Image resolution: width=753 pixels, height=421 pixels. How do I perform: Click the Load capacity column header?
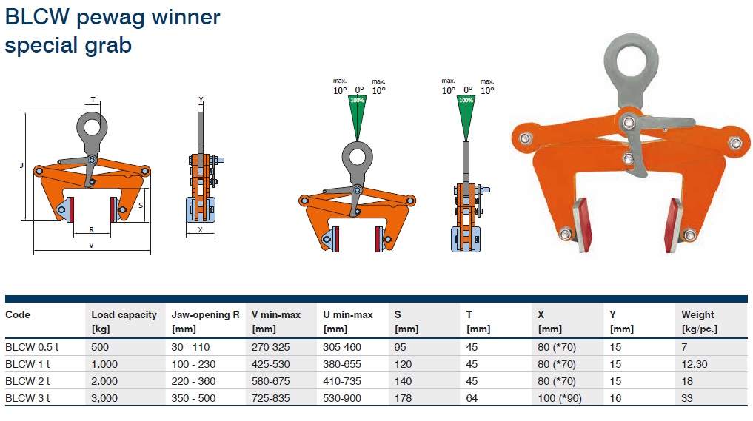pos(124,322)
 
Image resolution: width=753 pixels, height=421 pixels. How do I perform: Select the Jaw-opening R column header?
pos(205,322)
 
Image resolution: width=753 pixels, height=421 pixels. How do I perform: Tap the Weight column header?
pos(699,322)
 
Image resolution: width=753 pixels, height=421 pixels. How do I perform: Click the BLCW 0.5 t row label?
pos(32,347)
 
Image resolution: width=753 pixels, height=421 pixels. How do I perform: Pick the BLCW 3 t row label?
pos(27,398)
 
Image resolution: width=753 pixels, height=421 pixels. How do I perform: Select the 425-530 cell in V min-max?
pos(271,364)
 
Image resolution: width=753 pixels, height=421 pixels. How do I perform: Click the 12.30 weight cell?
pos(695,364)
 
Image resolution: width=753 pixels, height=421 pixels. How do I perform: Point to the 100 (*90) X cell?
pos(560,398)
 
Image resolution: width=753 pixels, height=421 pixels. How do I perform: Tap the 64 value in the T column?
pos(472,398)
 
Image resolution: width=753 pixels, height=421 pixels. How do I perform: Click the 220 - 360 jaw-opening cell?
pos(193,381)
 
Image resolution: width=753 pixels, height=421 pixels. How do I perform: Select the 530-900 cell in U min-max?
pos(342,398)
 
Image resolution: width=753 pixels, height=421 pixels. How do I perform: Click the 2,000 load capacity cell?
pos(104,381)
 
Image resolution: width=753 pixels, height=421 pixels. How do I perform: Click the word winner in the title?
pos(186,17)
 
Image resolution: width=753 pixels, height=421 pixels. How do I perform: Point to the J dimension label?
pos(21,166)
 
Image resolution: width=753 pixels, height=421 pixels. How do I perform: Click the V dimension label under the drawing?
pos(91,246)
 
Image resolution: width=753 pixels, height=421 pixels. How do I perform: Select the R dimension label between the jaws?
pos(91,230)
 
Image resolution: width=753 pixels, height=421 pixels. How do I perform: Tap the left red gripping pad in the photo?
pos(582,225)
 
